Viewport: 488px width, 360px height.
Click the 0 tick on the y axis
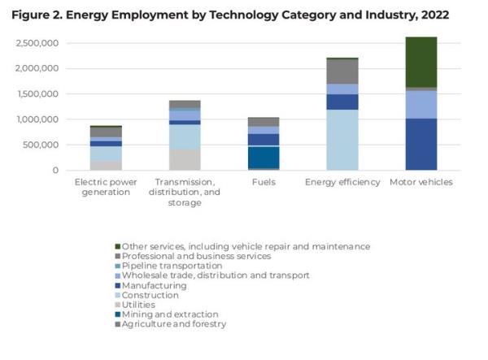pyautogui.click(x=55, y=171)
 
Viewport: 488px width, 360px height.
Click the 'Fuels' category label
pyautogui.click(x=264, y=182)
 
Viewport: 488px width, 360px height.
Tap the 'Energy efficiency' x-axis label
pyautogui.click(x=342, y=182)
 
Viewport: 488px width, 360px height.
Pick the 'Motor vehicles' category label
pyautogui.click(x=421, y=182)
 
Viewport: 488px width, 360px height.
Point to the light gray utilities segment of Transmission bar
pyautogui.click(x=185, y=159)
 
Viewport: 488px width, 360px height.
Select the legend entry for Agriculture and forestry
pyautogui.click(x=175, y=323)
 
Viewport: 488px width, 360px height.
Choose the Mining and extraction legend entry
pyautogui.click(x=169, y=314)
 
